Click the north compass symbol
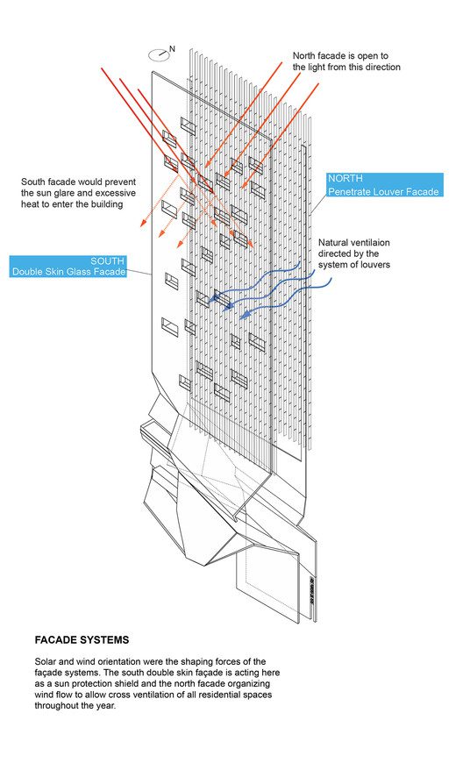pyautogui.click(x=159, y=54)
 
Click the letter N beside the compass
pyautogui.click(x=172, y=48)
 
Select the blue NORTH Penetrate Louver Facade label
pyautogui.click(x=384, y=185)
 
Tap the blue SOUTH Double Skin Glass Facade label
pyautogui.click(x=68, y=266)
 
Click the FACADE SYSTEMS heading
pyautogui.click(x=82, y=639)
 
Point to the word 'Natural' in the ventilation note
pyautogui.click(x=334, y=243)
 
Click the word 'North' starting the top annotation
pyautogui.click(x=303, y=56)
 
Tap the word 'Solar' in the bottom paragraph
pyautogui.click(x=46, y=661)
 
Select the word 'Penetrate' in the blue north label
pyautogui.click(x=348, y=191)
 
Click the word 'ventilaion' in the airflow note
pyautogui.click(x=371, y=243)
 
